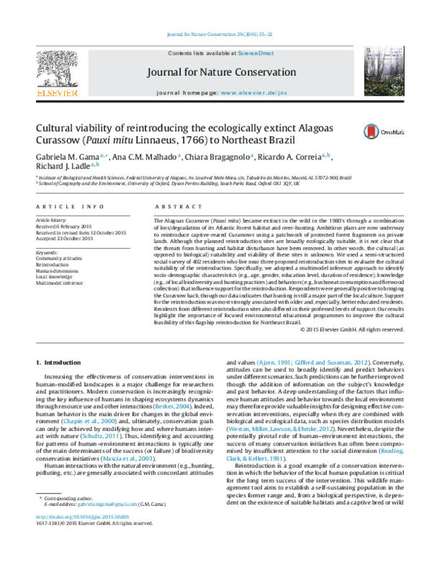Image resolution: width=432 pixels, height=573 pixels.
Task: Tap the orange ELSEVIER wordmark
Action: pos(57,92)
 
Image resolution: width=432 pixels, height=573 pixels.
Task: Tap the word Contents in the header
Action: pos(180,53)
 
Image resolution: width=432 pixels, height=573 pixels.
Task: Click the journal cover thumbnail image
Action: pos(383,71)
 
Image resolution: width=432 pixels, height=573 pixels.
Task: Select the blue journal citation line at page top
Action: pos(220,35)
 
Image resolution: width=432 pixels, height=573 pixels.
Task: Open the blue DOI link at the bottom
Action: pos(83,517)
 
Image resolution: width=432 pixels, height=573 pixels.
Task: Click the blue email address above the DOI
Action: pos(107,504)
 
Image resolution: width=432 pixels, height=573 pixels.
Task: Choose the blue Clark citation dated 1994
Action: pos(254,458)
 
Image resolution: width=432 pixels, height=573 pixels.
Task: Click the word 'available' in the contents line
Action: pos(225,53)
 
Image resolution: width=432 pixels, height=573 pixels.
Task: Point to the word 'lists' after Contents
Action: pos(201,53)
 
